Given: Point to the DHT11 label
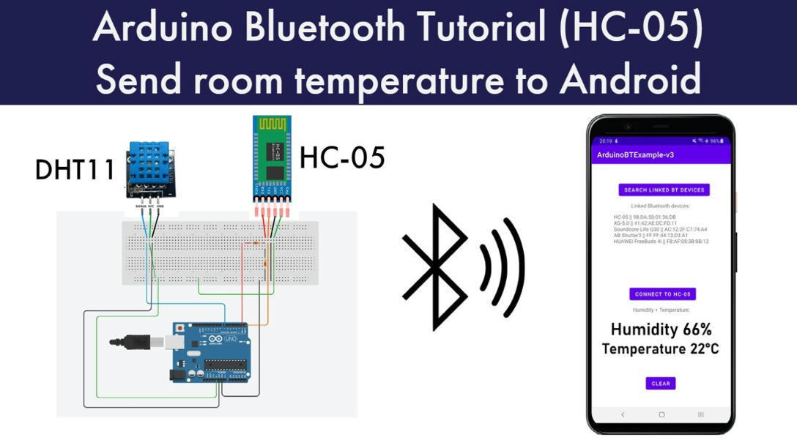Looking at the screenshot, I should [75, 170].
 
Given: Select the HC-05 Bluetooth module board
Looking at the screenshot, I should [273, 160].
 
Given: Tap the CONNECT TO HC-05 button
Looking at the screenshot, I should [662, 294].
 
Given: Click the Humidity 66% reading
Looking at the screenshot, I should [661, 329].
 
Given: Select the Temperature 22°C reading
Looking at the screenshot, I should [661, 349].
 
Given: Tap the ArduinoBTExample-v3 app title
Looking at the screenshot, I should [635, 155].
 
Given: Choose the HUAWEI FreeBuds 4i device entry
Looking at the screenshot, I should [661, 241].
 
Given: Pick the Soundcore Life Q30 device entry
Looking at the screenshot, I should [661, 229].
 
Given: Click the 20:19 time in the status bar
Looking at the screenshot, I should [605, 141].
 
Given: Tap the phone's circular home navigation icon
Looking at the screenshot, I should [661, 414].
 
